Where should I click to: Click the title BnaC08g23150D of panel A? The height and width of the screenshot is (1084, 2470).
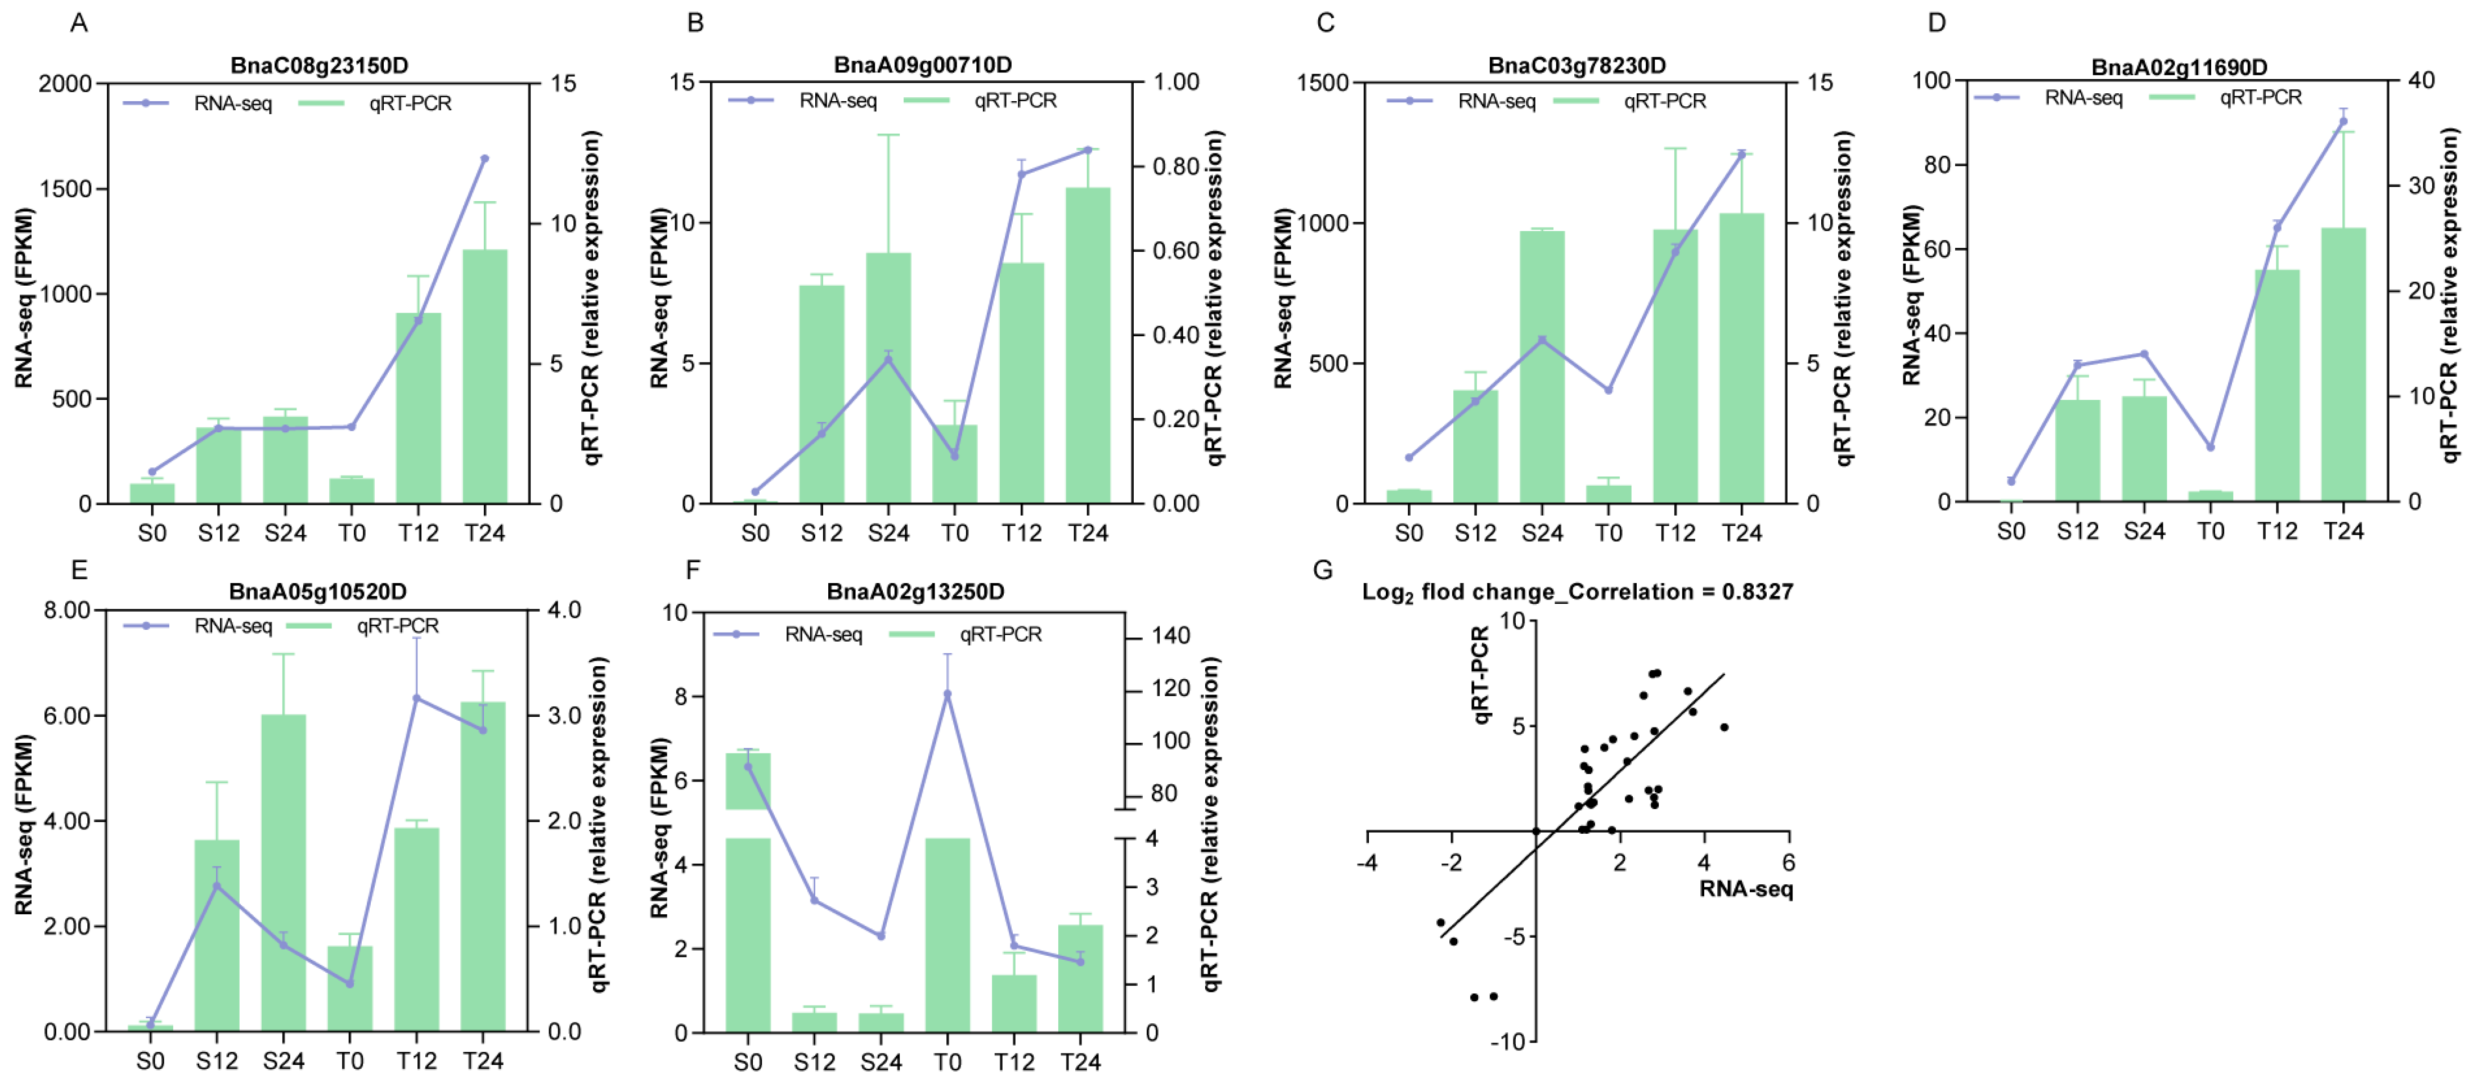319,65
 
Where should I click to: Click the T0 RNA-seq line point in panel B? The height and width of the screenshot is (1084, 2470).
954,456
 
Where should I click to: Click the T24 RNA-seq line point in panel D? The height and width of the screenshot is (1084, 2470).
2343,121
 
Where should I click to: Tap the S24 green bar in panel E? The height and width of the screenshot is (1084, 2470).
284,872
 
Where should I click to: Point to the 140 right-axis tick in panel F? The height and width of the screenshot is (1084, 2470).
1171,635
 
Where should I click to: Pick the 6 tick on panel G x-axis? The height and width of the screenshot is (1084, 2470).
1788,862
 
